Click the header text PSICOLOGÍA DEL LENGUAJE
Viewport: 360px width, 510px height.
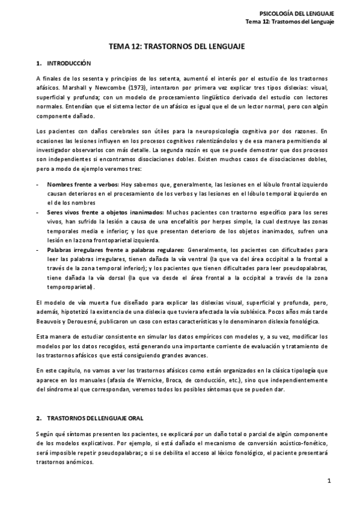(296, 13)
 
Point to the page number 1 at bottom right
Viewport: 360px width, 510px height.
(329, 481)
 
